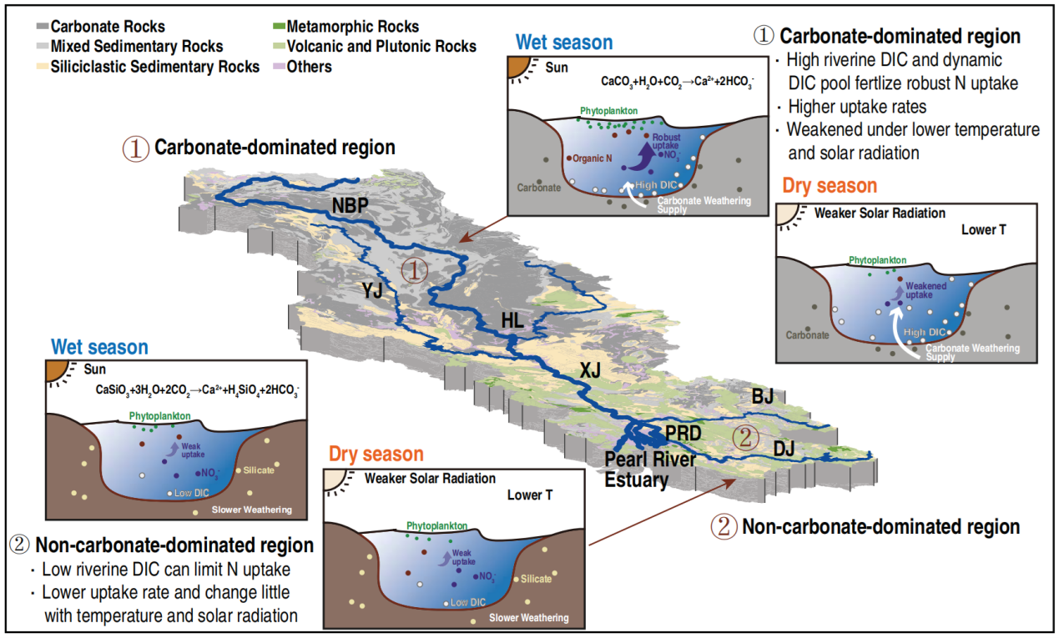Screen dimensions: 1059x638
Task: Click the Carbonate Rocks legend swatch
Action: tap(43, 26)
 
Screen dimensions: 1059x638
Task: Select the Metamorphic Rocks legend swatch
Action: tap(279, 26)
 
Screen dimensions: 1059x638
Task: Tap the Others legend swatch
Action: tap(279, 67)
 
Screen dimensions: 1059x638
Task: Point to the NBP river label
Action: tap(350, 205)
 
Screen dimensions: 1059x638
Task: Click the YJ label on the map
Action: tap(372, 290)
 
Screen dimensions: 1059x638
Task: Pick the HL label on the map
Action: tap(512, 320)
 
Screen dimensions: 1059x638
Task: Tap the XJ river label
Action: tap(590, 370)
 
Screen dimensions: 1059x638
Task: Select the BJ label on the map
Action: tap(763, 396)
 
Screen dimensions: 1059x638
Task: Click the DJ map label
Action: tap(784, 448)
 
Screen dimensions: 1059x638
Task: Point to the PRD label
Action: tap(683, 434)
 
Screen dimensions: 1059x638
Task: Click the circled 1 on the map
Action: tap(414, 271)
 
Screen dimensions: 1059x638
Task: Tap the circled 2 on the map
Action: tap(745, 438)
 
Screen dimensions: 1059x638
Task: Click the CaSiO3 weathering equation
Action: tap(197, 390)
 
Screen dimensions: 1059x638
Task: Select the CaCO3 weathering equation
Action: tap(678, 82)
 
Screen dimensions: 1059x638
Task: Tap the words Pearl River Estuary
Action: tap(650, 470)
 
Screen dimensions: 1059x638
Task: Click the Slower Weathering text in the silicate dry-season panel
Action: tap(528, 618)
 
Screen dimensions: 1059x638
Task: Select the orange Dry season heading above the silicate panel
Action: tap(376, 455)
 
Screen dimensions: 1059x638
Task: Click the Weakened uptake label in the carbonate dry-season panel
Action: tap(925, 290)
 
